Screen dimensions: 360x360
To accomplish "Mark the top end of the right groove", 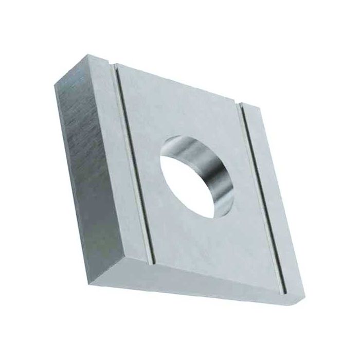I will point(240,104).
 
